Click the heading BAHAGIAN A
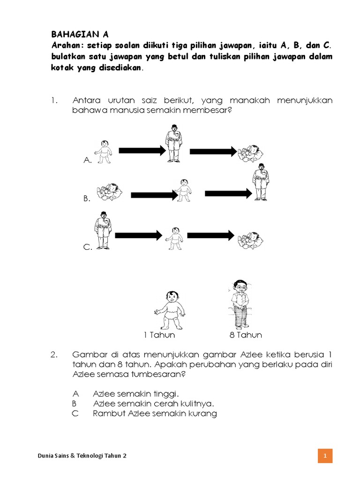79,34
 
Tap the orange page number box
325,456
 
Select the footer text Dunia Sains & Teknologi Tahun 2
82,456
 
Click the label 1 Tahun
159,335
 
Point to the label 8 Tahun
246,335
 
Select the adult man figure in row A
174,143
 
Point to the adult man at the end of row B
261,183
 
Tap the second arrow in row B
229,193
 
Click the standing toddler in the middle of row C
175,239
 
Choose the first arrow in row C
138,235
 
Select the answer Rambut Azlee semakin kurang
155,413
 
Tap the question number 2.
54,354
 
